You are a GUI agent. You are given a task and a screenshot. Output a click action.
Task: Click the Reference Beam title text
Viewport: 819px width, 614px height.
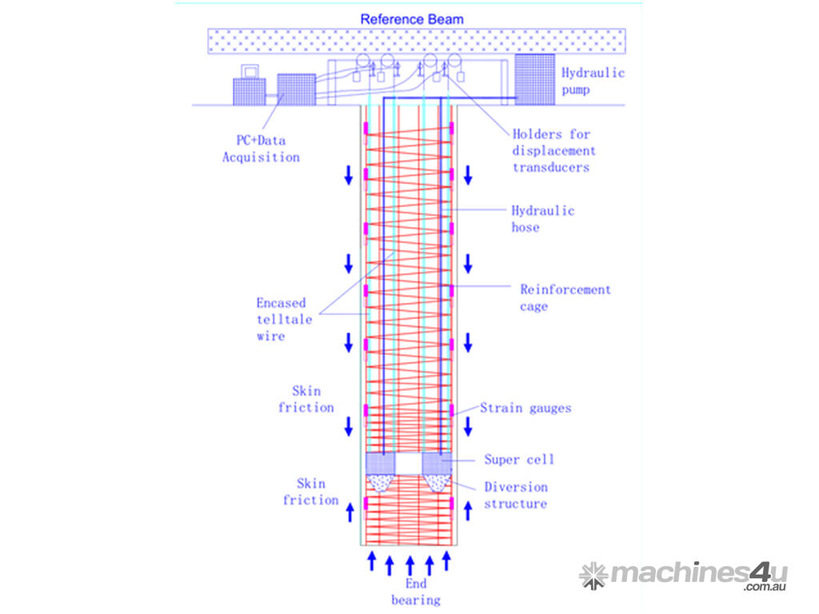pos(411,18)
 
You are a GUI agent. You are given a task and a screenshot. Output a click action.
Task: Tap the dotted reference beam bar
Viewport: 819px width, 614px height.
pos(416,41)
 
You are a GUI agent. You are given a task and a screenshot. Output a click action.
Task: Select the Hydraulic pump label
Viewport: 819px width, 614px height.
pos(592,81)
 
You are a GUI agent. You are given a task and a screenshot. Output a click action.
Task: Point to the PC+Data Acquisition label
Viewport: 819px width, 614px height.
pos(261,149)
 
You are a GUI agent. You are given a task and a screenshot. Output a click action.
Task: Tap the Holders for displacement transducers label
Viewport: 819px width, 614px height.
pos(553,150)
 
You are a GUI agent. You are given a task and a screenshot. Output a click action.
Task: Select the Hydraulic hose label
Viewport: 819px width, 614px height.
pos(542,219)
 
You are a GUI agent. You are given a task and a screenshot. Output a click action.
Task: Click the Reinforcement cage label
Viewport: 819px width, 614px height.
pos(565,297)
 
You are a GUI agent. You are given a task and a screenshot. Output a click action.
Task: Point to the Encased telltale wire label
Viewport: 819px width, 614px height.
pos(281,319)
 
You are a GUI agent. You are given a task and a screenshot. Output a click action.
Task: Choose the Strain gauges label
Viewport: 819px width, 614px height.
pos(525,408)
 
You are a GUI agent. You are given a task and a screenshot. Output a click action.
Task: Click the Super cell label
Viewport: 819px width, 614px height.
pos(518,460)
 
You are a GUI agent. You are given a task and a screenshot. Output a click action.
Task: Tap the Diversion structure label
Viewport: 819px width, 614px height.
pos(516,495)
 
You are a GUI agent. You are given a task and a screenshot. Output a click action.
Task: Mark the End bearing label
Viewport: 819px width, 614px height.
pos(415,592)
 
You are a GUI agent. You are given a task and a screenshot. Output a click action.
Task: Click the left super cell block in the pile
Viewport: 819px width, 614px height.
pos(380,462)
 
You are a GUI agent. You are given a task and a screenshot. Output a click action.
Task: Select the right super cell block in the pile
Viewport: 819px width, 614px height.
pos(436,462)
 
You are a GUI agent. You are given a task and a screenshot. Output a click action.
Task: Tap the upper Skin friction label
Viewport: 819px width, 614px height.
pos(306,399)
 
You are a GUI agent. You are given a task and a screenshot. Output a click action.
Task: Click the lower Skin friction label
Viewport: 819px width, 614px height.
pos(310,492)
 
